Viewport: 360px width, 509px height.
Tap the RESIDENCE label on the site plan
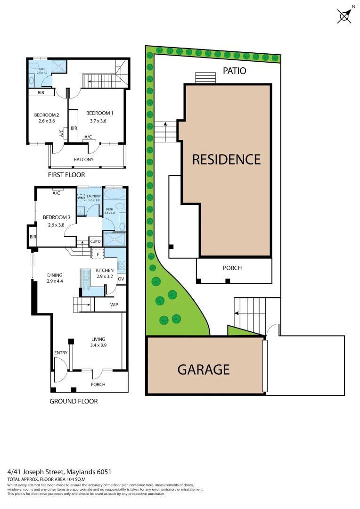pos(226,159)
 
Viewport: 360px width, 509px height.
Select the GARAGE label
pos(204,369)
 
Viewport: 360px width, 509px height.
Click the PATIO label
pos(234,71)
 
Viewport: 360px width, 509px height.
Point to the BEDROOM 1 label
pos(99,113)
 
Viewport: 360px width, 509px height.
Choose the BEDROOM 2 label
pos(46,115)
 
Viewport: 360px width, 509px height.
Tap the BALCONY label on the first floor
pos(83,159)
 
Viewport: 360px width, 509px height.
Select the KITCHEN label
pos(105,271)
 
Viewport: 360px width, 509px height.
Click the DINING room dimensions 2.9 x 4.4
pos(55,281)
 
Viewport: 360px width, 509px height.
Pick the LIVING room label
pos(98,339)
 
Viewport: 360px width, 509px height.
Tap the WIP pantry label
pos(114,305)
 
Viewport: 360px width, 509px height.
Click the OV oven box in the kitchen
pos(121,279)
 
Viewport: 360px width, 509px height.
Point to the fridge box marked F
pos(98,254)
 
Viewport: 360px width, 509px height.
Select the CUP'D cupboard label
pos(96,242)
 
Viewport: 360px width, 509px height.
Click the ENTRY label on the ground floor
pos(61,353)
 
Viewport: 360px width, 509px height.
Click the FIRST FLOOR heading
pos(66,175)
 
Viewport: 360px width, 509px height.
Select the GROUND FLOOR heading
pos(74,401)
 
